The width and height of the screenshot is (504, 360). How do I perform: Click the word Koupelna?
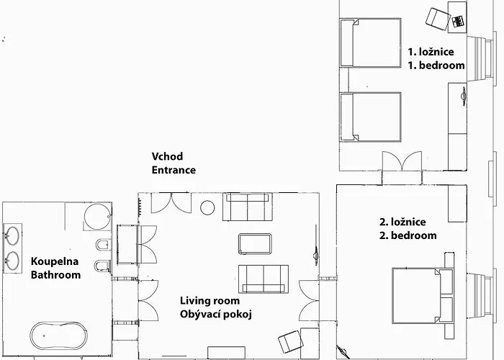55,261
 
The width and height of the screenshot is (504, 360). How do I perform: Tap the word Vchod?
167,156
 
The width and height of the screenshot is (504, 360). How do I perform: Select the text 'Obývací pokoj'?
216,315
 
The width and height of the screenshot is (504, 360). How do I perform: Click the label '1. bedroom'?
436,66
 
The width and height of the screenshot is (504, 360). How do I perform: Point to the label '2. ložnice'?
402,222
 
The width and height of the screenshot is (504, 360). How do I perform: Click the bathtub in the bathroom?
59,336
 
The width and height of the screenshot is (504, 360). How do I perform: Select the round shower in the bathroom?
98,216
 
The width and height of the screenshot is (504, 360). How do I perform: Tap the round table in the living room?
207,207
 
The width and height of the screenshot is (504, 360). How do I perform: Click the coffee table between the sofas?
255,244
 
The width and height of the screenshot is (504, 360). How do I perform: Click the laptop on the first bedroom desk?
457,21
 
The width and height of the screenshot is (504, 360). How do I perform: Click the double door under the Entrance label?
171,203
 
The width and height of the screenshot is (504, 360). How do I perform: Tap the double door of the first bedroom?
402,161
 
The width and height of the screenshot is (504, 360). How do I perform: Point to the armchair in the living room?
291,342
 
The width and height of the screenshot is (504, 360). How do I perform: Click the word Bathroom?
55,275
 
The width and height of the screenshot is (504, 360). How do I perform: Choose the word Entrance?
174,170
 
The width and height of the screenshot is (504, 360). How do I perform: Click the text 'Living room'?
210,301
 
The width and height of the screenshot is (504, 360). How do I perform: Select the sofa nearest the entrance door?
248,207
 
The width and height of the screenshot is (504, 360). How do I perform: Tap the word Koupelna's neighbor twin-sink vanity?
12,248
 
